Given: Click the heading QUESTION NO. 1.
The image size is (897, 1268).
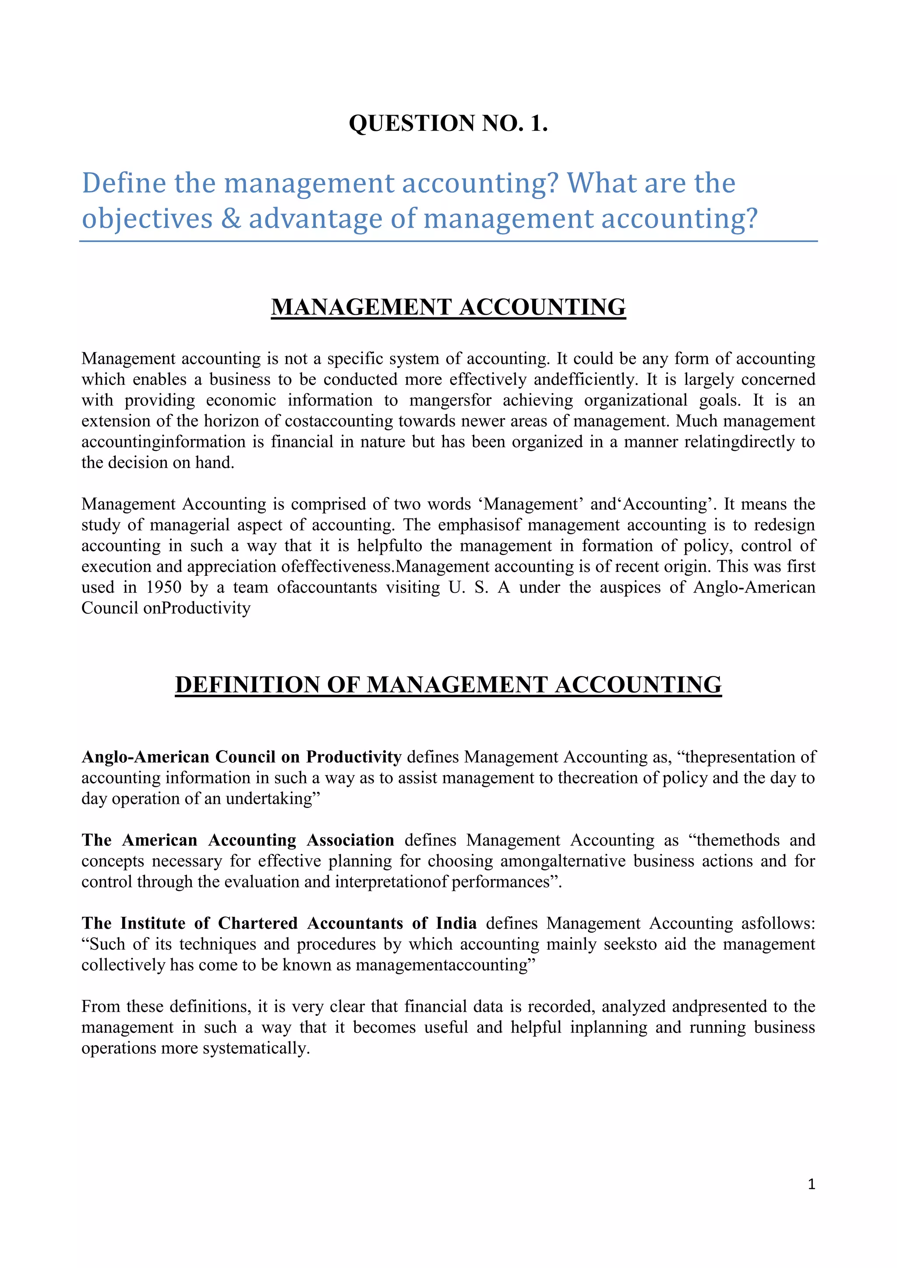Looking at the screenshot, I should tap(448, 123).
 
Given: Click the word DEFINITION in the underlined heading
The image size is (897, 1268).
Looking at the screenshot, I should tap(247, 685).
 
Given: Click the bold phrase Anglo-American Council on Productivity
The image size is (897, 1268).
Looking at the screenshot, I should tap(241, 757).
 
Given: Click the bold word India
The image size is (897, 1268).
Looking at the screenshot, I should tap(456, 923).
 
